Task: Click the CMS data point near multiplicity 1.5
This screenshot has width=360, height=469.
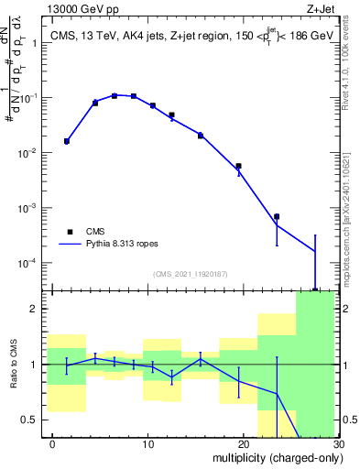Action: (x=67, y=141)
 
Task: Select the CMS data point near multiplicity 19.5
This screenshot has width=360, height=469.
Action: (x=238, y=166)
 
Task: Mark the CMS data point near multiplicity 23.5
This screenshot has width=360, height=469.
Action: (x=277, y=216)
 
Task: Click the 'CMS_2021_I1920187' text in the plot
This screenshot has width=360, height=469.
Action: (x=190, y=274)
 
